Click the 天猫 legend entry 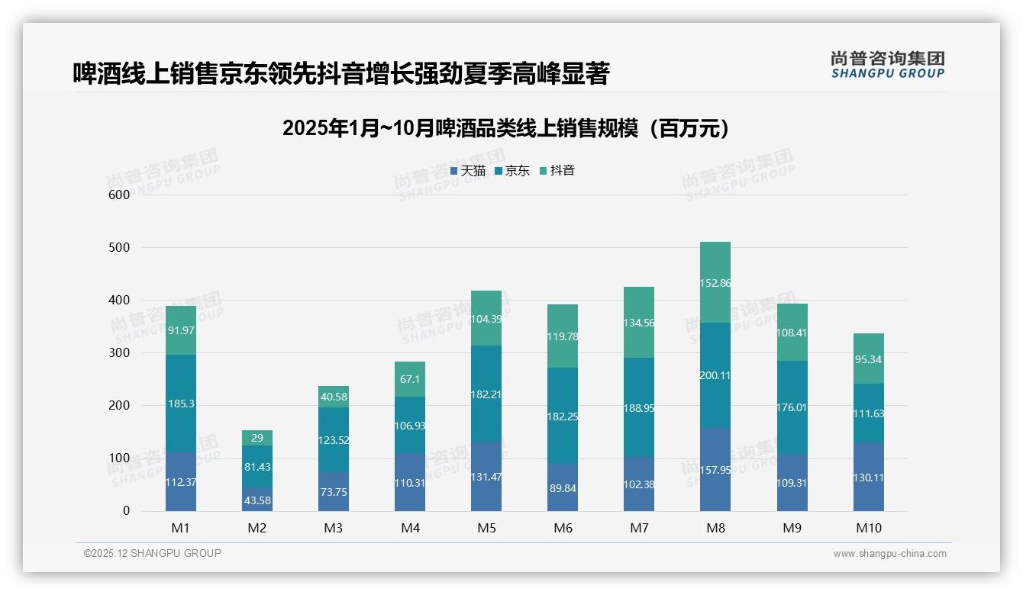click(468, 171)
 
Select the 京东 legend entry click(512, 171)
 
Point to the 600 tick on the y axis click(120, 195)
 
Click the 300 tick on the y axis click(120, 353)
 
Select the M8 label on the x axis click(715, 528)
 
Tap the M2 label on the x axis click(257, 528)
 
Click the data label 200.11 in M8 click(715, 375)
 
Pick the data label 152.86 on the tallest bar click(715, 283)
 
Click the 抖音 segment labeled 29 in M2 click(257, 438)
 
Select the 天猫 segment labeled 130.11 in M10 click(869, 477)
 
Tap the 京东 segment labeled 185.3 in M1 click(181, 404)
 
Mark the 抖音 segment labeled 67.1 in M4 click(410, 379)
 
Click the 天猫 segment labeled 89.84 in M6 click(563, 488)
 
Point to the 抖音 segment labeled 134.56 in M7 click(639, 323)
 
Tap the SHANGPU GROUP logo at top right click(887, 65)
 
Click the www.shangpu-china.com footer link click(889, 554)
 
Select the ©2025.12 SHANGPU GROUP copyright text click(153, 554)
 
